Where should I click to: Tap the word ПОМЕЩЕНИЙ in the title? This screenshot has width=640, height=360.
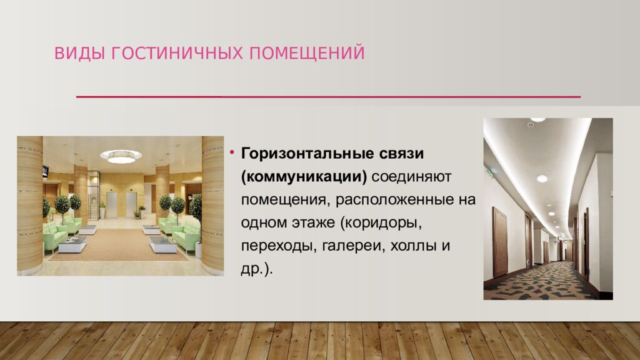(x=307, y=53)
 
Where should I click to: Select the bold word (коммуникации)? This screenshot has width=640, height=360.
(x=304, y=177)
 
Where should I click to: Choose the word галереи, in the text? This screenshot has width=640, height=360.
(x=354, y=246)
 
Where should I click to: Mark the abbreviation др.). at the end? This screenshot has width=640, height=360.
(x=258, y=269)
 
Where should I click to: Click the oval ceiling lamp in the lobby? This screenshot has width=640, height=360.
(x=121, y=156)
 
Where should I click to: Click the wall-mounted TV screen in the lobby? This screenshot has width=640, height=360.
(x=45, y=171)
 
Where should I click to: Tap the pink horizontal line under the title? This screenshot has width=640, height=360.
(x=328, y=97)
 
